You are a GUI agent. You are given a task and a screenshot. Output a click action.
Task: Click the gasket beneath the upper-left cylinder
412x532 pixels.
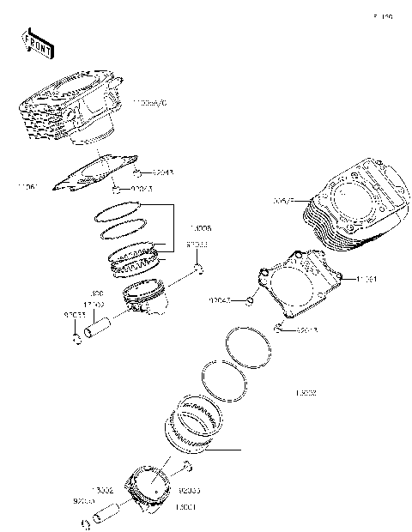click(x=94, y=171)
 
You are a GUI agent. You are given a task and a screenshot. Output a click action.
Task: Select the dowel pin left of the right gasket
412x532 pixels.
click(x=249, y=300)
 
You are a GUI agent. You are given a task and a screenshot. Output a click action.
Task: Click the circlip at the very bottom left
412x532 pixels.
click(x=86, y=524)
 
